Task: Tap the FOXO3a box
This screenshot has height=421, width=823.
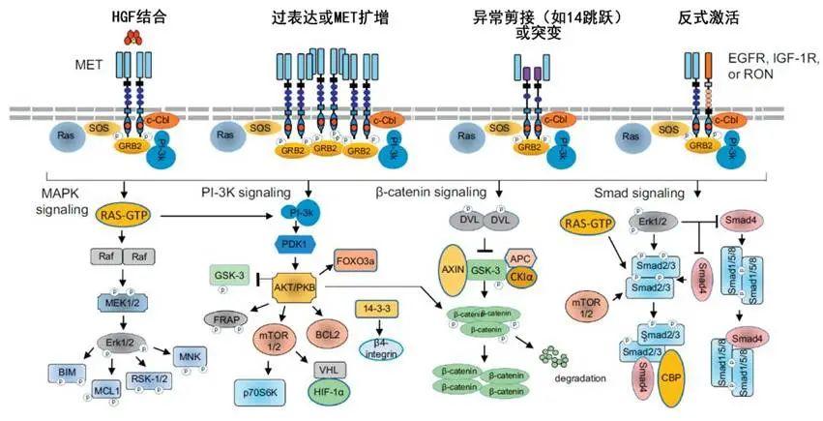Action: tap(358, 260)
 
